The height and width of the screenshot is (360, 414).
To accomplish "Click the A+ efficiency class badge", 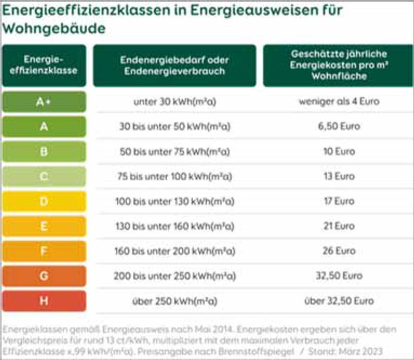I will (x=44, y=102).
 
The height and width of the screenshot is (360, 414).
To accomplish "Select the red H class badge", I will (x=44, y=301).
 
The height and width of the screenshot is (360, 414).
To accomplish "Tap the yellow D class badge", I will (x=44, y=201).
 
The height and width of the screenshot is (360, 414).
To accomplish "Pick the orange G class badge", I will (x=44, y=276).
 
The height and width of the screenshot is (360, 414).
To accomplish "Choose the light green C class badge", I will (x=44, y=176).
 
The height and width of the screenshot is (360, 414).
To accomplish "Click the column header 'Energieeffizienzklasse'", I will (x=44, y=65).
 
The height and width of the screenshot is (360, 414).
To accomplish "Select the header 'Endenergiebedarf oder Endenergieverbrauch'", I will (x=174, y=65).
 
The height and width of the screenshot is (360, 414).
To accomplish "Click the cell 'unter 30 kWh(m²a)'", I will (x=174, y=102).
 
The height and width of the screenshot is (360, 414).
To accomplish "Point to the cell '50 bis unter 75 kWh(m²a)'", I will (x=174, y=152).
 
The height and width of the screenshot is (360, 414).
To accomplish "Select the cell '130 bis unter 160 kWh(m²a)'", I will (x=174, y=227).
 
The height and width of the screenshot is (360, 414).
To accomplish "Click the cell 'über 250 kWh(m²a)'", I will (x=174, y=301).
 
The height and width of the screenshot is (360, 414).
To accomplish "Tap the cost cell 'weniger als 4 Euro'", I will (x=339, y=102).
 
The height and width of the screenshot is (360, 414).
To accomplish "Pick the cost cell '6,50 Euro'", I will (x=339, y=127).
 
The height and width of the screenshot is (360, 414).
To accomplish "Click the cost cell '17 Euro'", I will (x=339, y=201).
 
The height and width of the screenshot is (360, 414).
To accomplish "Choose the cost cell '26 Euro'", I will (x=339, y=251).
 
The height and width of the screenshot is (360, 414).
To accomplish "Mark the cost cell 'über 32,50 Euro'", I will (x=339, y=301).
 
